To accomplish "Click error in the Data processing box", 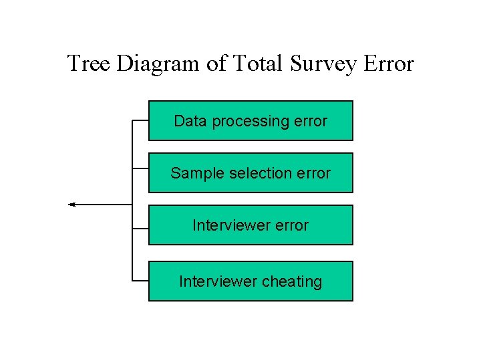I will pyautogui.click(x=311, y=121).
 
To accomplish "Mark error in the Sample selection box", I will pyautogui.click(x=313, y=173).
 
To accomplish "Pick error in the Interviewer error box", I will pyautogui.click(x=291, y=225).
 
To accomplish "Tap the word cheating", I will pyautogui.click(x=291, y=281).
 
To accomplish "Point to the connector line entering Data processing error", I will pyautogui.click(x=140, y=121).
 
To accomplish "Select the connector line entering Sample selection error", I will pyautogui.click(x=140, y=168).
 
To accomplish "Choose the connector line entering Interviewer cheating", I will pyautogui.click(x=140, y=281).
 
